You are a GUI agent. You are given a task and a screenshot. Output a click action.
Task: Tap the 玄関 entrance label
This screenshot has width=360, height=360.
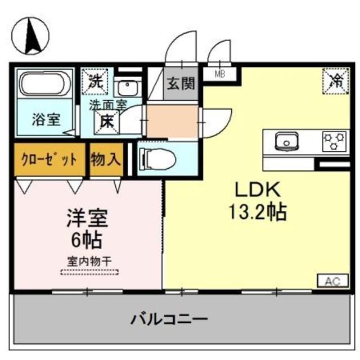coord(180,84)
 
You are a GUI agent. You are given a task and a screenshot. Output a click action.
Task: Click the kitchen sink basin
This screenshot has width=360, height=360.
coord(285,140)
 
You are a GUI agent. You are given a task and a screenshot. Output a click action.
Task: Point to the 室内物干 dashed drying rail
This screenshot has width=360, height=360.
coord(90,273)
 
